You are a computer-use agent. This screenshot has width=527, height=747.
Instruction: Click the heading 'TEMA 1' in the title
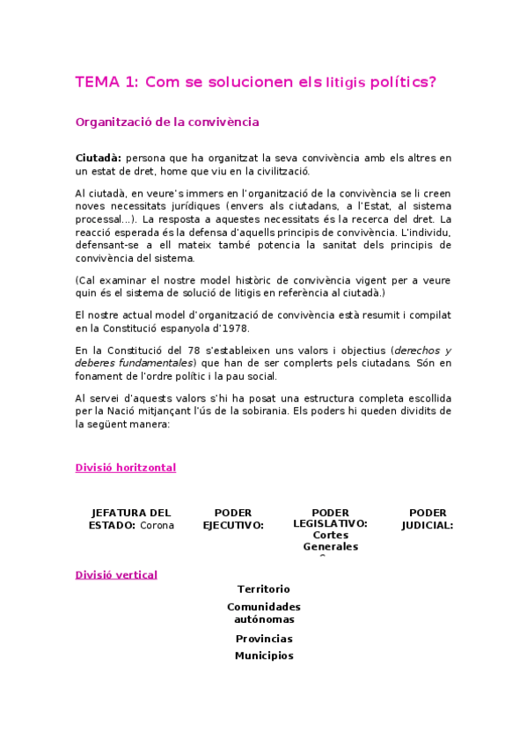[x=106, y=82]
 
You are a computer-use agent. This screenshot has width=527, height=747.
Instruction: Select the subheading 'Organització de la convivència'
[x=166, y=122]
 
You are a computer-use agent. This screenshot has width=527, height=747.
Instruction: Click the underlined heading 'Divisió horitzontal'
[x=126, y=468]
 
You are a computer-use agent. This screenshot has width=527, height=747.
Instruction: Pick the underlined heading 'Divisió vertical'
[x=116, y=575]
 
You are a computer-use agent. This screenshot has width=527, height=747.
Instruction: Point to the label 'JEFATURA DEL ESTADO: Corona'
[x=131, y=519]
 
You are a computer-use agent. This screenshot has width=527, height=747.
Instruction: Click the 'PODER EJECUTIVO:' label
[x=233, y=519]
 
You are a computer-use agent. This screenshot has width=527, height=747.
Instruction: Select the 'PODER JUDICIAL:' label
[x=428, y=519]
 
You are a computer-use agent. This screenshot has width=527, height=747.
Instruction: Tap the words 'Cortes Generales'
[x=331, y=541]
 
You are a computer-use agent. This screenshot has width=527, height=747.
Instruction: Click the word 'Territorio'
[x=263, y=589]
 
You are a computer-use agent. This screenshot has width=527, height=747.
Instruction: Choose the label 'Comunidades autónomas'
[x=263, y=613]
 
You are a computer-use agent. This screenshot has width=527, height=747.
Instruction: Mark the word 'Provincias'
[x=264, y=639]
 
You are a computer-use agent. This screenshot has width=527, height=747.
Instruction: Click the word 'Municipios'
[x=264, y=655]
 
